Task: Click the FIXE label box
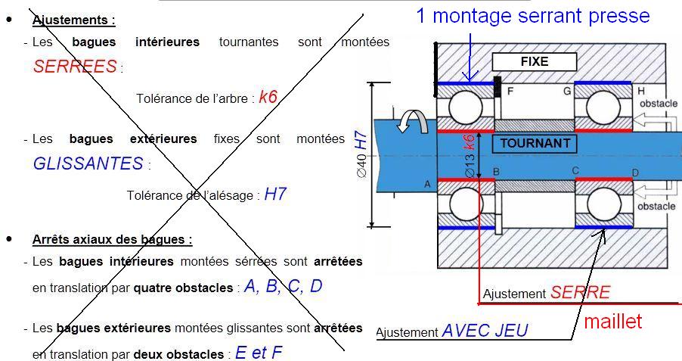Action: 535,61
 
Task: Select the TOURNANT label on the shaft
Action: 535,143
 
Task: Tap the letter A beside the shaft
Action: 427,185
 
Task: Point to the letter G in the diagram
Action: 566,92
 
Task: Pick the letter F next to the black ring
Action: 510,92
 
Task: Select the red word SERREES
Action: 75,67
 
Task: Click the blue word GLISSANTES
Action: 88,163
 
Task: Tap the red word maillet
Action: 613,321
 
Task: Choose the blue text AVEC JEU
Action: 485,331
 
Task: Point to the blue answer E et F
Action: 259,353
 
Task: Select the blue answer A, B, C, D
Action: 283,287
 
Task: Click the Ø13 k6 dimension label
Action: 469,156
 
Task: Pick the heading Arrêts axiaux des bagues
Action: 112,239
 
